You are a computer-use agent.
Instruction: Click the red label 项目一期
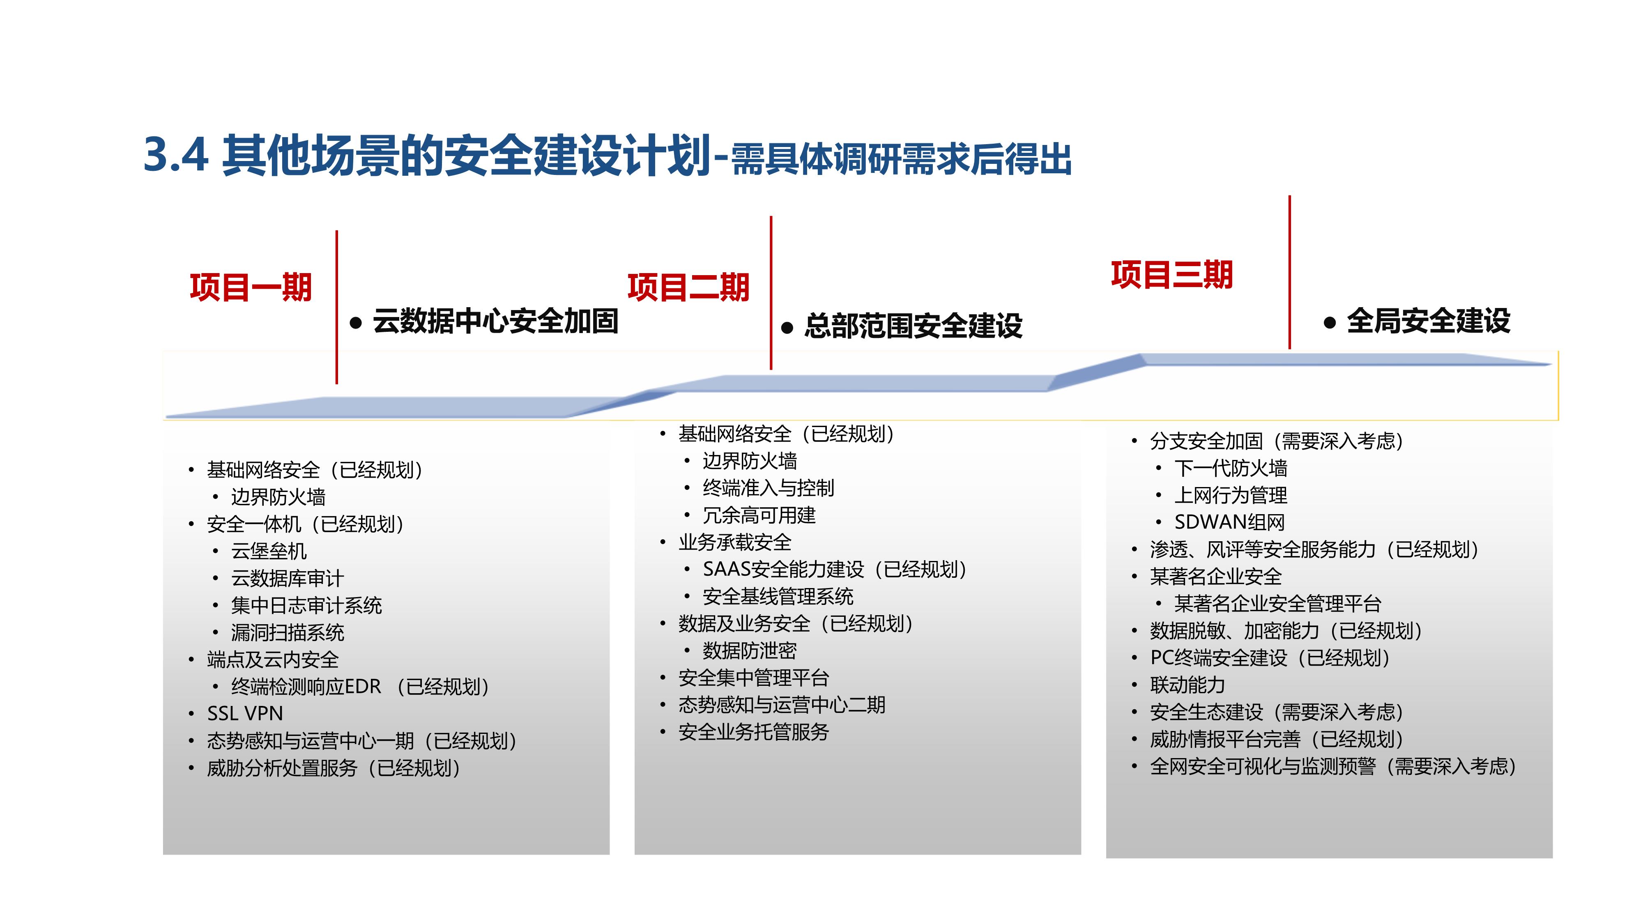[x=251, y=287]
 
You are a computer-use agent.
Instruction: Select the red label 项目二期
[x=688, y=287]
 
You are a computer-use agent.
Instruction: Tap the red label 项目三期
[x=1171, y=275]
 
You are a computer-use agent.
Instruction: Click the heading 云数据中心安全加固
[x=496, y=320]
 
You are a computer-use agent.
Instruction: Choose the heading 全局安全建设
[x=1428, y=320]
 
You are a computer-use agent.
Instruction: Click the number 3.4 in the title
[x=176, y=154]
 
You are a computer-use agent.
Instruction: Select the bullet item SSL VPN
[x=245, y=713]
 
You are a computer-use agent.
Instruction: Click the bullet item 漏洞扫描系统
[x=288, y=632]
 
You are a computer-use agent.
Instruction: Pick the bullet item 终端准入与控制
[x=768, y=488]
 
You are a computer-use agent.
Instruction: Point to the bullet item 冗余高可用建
[x=759, y=515]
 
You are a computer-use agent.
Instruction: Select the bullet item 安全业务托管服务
[x=753, y=731]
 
